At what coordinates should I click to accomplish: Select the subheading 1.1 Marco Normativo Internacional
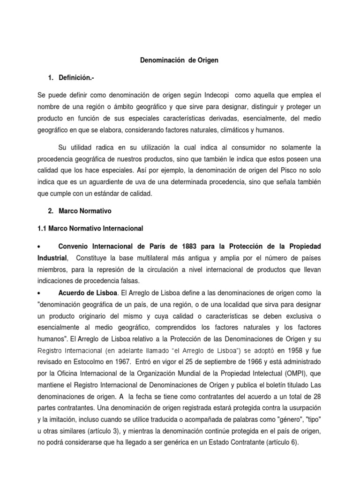tap(90, 229)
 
